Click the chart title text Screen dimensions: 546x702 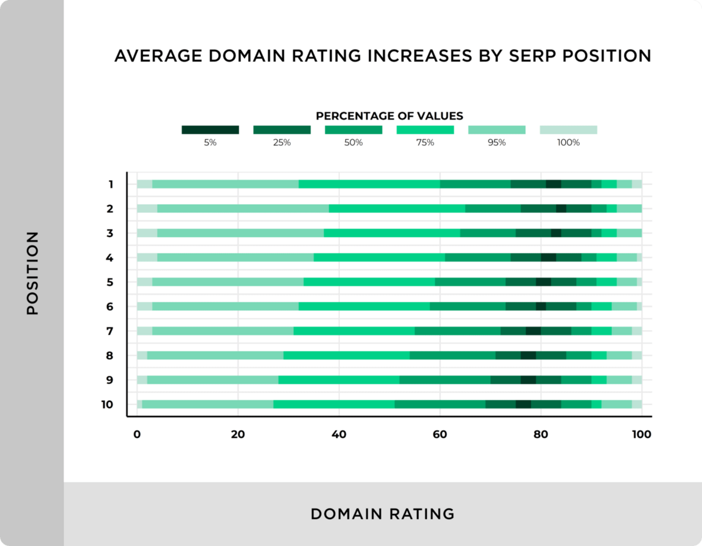(x=383, y=56)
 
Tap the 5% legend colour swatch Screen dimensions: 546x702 (x=210, y=129)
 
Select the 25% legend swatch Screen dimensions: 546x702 (x=282, y=129)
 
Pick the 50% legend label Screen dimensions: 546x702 (x=353, y=142)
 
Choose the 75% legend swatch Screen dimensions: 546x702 (x=425, y=129)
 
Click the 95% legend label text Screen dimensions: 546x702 (x=497, y=142)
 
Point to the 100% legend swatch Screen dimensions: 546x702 (x=568, y=129)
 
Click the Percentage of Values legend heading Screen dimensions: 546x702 (x=389, y=116)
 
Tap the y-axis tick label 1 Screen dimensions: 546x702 (x=109, y=184)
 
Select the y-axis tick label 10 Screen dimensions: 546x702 (x=106, y=404)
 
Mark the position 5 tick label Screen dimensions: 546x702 (x=109, y=282)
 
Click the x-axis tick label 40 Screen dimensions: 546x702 (x=339, y=435)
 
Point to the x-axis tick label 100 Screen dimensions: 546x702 (x=641, y=435)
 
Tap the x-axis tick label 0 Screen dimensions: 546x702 (x=137, y=435)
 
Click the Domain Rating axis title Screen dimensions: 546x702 (x=383, y=514)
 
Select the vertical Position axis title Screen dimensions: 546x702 (x=32, y=273)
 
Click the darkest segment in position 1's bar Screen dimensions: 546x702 (x=553, y=184)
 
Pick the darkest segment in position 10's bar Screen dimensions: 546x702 (x=523, y=404)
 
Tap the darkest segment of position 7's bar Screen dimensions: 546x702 (x=533, y=331)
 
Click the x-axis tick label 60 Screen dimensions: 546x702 (x=440, y=435)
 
